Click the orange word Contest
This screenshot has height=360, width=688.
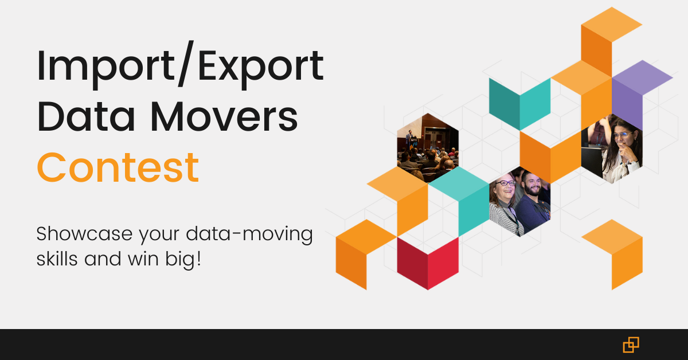[x=118, y=167]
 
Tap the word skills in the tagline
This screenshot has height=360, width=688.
[x=57, y=259]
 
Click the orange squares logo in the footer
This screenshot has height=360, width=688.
[x=631, y=345]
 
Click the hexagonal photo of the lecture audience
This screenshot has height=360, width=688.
[x=428, y=148]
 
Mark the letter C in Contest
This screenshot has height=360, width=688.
[x=53, y=167]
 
